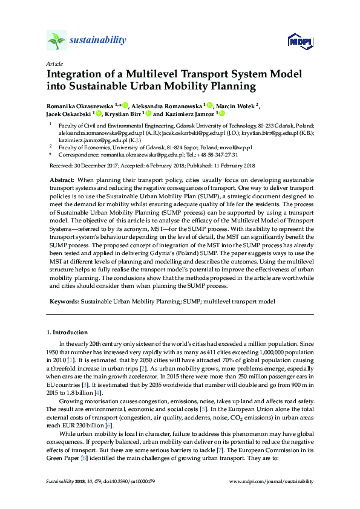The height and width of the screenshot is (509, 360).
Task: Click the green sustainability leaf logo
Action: point(56,41)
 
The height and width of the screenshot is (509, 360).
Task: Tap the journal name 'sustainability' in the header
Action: point(98,41)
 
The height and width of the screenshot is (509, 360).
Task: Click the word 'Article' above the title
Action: point(54,64)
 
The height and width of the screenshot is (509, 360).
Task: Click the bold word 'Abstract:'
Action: point(61,180)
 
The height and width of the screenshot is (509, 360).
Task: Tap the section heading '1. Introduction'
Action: point(67,332)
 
